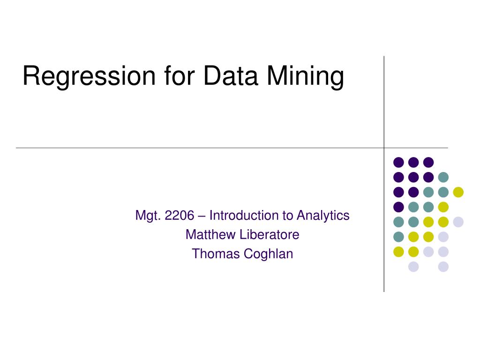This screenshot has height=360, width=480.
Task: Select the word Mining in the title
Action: tap(306, 76)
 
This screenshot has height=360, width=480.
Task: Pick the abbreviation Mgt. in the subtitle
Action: tap(148, 216)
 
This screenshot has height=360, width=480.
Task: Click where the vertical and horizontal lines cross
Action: tap(384, 148)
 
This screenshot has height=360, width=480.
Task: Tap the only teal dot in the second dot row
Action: tap(443, 177)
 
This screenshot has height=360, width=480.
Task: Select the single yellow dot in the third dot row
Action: tap(458, 192)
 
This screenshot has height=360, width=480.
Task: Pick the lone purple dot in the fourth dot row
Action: tap(398, 207)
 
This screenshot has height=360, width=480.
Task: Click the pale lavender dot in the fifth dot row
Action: tap(458, 222)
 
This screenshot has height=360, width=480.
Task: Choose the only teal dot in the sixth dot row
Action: tap(398, 237)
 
